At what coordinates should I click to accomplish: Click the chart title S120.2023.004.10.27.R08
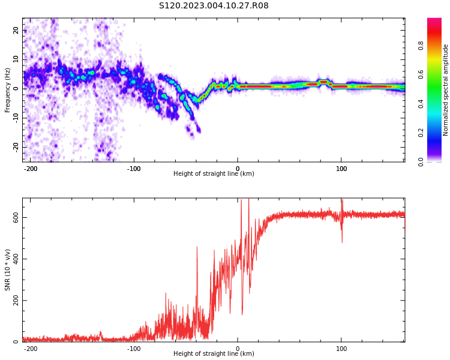pos(214,5)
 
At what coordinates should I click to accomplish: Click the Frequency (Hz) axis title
pos(8,90)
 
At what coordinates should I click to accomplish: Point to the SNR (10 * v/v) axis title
pos(8,270)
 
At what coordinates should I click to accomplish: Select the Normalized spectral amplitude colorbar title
pos(446,90)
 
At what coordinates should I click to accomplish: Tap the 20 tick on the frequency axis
pos(16,30)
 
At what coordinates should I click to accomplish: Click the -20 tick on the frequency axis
pos(15,147)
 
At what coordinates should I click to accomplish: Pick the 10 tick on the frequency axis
pos(16,59)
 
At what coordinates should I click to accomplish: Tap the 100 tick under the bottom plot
pos(341,349)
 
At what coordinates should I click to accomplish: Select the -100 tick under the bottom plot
pos(134,349)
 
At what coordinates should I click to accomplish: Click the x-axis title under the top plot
pos(214,174)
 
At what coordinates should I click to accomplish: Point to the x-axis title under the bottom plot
pos(214,354)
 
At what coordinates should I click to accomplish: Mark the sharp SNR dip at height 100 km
pos(342,240)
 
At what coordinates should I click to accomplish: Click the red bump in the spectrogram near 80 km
pos(323,82)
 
